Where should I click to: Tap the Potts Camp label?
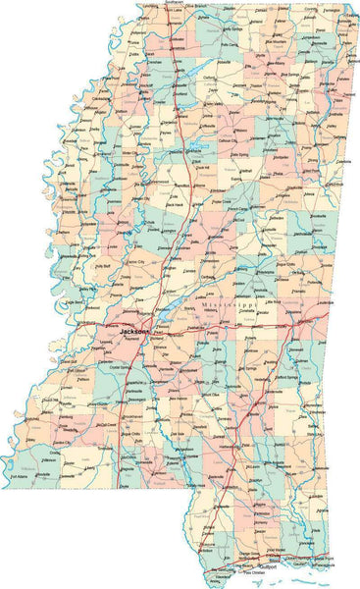(230, 45)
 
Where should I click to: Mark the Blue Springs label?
(286, 74)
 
